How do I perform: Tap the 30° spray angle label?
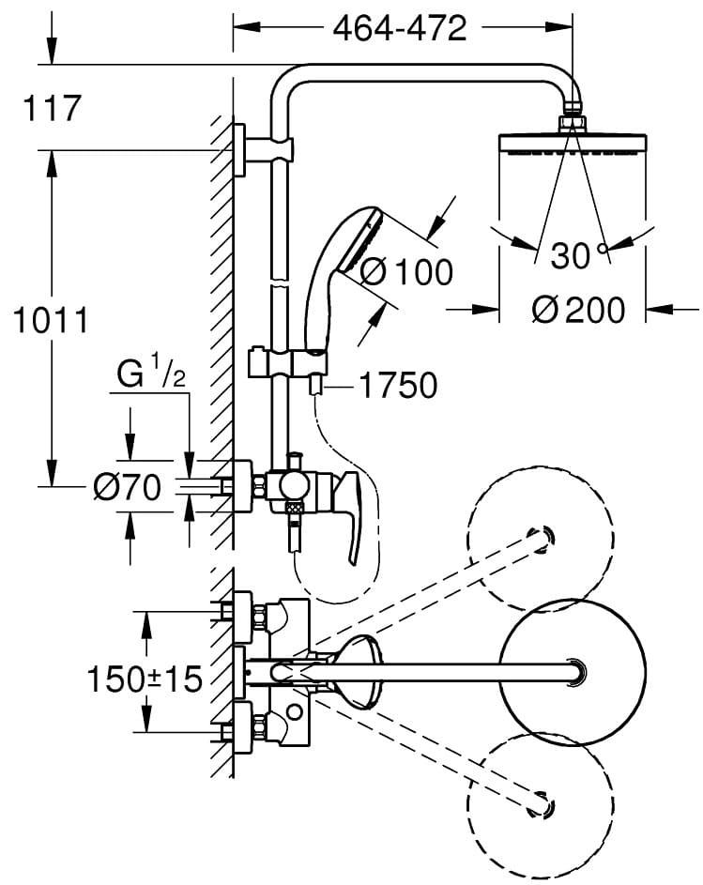(575, 255)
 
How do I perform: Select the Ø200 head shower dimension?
(575, 309)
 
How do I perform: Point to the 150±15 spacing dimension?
(145, 679)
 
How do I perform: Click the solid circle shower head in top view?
(572, 669)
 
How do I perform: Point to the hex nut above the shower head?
(572, 123)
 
